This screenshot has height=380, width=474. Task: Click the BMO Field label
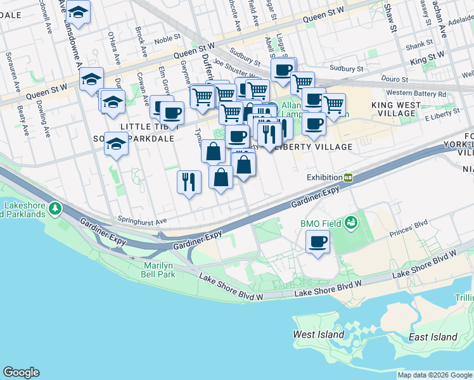tap(321, 223)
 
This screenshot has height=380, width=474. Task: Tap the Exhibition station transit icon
tap(349, 178)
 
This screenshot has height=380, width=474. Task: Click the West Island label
tap(318, 334)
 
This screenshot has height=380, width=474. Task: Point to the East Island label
tap(433, 337)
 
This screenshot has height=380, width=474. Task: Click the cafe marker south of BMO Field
tap(318, 241)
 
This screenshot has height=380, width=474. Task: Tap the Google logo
tap(21, 372)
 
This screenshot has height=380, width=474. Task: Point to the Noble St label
tap(167, 39)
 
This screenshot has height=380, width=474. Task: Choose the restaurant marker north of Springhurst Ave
tap(189, 182)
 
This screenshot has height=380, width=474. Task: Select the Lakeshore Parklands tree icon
tap(56, 208)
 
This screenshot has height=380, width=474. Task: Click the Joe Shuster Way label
tap(237, 61)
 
